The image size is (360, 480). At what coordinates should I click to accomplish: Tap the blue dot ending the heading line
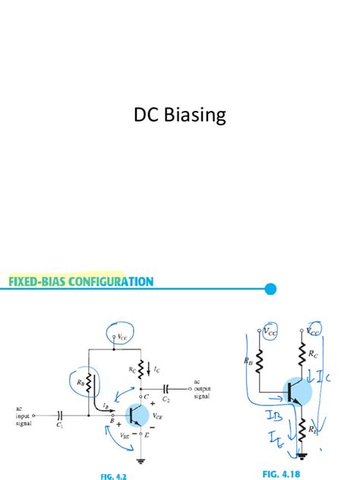tap(270, 289)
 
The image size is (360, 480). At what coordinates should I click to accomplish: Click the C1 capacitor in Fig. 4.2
tap(59, 415)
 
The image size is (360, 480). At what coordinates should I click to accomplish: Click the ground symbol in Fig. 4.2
tap(141, 459)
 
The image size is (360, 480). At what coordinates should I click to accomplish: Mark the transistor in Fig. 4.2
tap(137, 415)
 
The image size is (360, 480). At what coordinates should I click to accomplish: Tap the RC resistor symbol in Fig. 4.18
tap(303, 355)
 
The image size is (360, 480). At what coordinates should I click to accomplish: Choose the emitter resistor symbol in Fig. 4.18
tap(302, 430)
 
